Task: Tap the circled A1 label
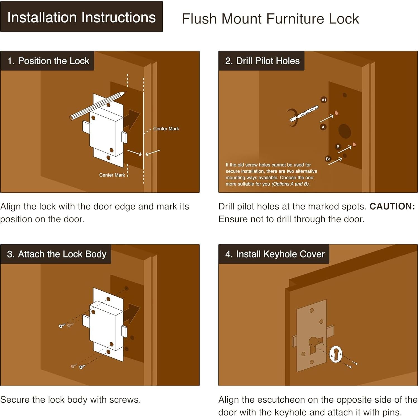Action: [324, 100]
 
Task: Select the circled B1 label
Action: [328, 159]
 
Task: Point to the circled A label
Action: [323, 127]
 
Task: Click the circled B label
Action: [338, 147]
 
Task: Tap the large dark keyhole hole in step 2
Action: [345, 131]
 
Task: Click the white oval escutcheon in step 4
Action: [336, 354]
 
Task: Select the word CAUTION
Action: [392, 206]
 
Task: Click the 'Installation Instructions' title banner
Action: [82, 17]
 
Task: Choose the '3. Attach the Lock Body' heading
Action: [57, 254]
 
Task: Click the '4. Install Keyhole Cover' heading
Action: [275, 254]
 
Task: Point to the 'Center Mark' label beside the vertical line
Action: [166, 129]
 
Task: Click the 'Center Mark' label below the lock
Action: [112, 175]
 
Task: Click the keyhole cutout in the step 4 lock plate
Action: [315, 345]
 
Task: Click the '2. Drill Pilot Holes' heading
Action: [262, 61]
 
